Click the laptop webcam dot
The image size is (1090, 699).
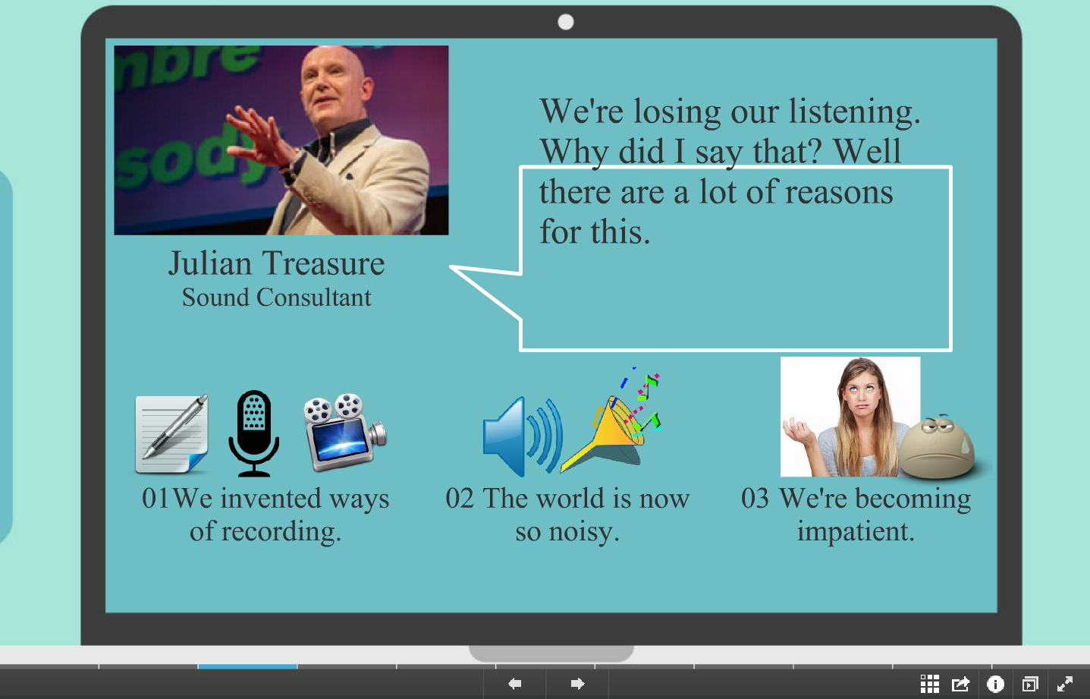pyautogui.click(x=565, y=22)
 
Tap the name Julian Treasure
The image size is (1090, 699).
pyautogui.click(x=276, y=263)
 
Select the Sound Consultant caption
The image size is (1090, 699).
pyautogui.click(x=276, y=298)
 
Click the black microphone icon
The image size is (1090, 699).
pyautogui.click(x=254, y=433)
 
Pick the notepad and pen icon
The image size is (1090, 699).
pyautogui.click(x=171, y=433)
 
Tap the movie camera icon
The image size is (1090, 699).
pyautogui.click(x=345, y=433)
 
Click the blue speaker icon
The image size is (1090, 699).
pyautogui.click(x=522, y=436)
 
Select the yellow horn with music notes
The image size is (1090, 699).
pyautogui.click(x=611, y=421)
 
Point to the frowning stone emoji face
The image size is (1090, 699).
pyautogui.click(x=937, y=446)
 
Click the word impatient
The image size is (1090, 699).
pyautogui.click(x=856, y=531)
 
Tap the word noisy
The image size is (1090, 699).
pyautogui.click(x=584, y=531)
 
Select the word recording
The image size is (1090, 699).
pyautogui.click(x=281, y=531)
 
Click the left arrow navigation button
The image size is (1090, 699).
pyautogui.click(x=515, y=684)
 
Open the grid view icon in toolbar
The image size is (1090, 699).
pyautogui.click(x=929, y=684)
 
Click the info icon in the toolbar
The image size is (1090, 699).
pyautogui.click(x=995, y=684)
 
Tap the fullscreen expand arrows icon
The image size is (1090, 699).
pyautogui.click(x=1065, y=684)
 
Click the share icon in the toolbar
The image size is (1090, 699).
pyautogui.click(x=960, y=684)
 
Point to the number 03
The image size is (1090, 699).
pyautogui.click(x=755, y=499)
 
